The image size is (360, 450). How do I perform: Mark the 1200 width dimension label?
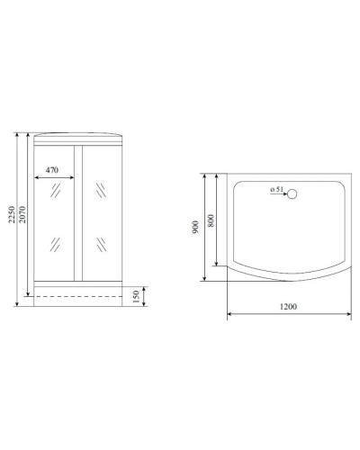coord(287,307)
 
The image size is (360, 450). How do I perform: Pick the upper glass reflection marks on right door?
coord(100,193)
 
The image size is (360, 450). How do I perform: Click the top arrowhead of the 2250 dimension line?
coord(17,135)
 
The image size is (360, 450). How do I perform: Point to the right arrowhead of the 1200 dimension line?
coord(347,314)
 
